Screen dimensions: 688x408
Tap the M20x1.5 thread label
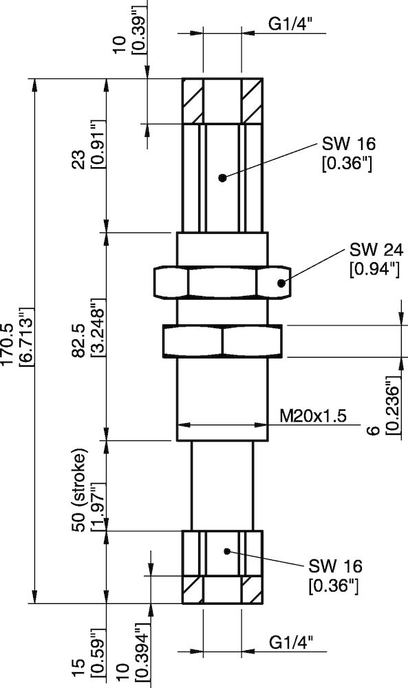tap(312, 416)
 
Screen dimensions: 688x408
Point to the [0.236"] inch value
tap(391, 405)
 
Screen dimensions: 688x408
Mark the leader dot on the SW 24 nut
tap(281, 283)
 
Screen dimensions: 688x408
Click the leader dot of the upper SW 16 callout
tap(222, 178)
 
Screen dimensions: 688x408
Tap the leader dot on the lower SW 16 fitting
tap(226, 550)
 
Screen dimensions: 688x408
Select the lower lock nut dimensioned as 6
tap(222, 341)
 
